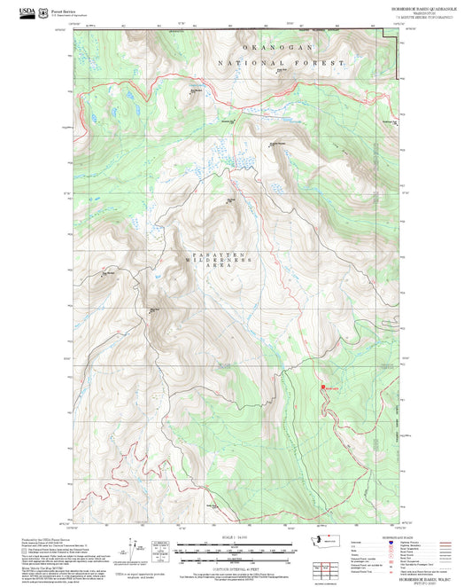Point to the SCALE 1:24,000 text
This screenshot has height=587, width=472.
pyautogui.click(x=227, y=537)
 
